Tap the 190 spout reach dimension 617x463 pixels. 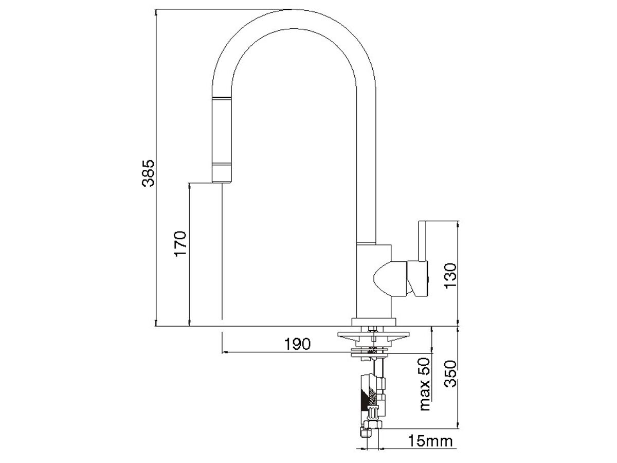pyautogui.click(x=298, y=344)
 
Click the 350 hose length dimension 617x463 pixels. pyautogui.click(x=450, y=377)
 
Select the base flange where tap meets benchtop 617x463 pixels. pyautogui.click(x=374, y=323)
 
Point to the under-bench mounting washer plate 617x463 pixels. pyautogui.click(x=373, y=335)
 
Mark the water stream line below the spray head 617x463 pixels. pyautogui.click(x=222, y=252)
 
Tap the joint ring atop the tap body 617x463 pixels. pyautogui.click(x=367, y=242)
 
